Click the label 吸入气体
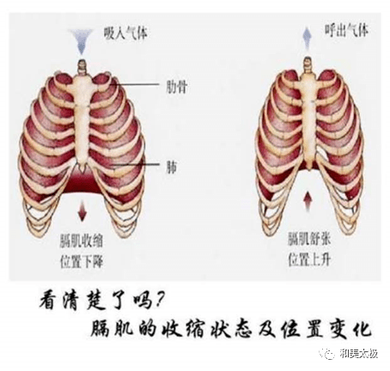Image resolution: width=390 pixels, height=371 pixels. tap(125, 33)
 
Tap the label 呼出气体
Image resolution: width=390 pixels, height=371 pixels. tap(346, 30)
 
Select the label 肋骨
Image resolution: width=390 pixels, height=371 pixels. tap(177, 87)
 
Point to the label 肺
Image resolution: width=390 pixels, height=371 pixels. tap(171, 167)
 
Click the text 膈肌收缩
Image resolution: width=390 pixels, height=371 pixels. tap(82, 240)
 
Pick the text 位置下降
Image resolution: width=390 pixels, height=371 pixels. tap(82, 261)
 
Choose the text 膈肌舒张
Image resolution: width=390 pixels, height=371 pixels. tap(309, 239)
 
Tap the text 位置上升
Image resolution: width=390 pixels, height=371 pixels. tap(309, 259)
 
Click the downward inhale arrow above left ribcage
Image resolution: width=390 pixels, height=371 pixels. tap(82, 41)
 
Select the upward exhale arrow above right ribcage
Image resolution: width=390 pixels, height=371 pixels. tap(308, 38)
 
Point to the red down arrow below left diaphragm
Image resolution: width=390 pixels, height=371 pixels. tap(82, 210)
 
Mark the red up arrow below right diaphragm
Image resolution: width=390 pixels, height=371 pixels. tap(308, 201)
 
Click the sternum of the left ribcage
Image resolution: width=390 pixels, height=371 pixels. tap(82, 120)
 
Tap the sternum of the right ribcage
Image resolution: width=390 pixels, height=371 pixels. tap(309, 120)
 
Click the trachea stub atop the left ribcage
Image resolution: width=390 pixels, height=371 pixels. tap(82, 67)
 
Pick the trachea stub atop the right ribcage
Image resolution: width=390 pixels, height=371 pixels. tap(308, 64)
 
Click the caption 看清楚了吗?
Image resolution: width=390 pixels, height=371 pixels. tap(101, 301)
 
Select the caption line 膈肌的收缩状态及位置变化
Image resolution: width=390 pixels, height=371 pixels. tap(231, 329)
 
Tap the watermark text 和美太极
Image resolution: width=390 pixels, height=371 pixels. tap(359, 354)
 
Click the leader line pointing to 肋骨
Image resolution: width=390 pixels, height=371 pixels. tap(137, 84)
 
